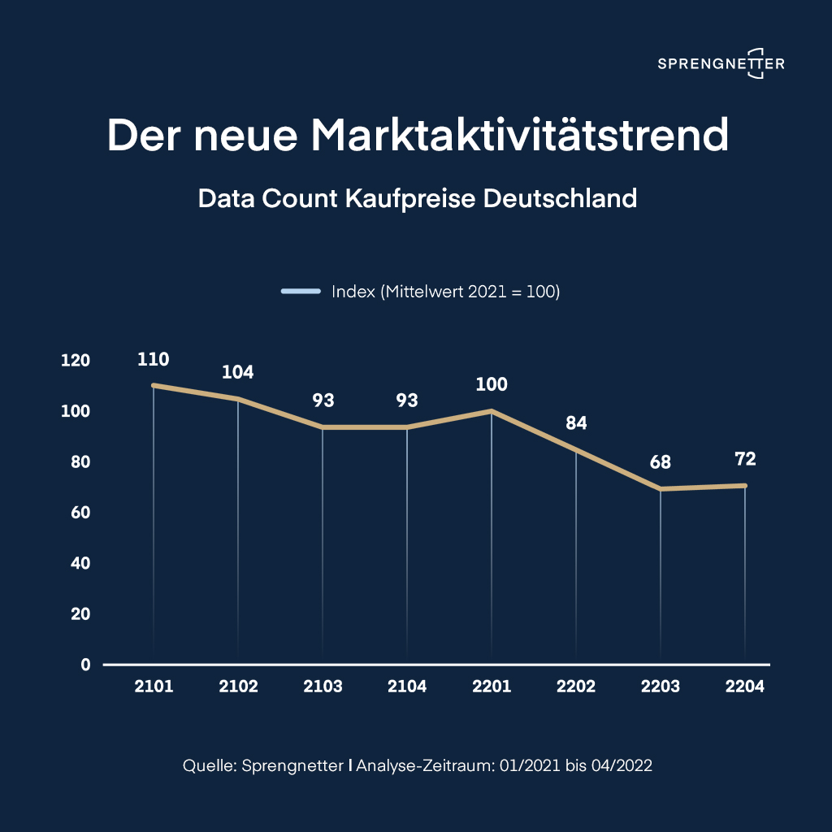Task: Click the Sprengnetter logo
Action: pyautogui.click(x=721, y=63)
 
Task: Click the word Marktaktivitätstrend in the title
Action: pyautogui.click(x=520, y=135)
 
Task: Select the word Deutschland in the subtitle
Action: pyautogui.click(x=561, y=198)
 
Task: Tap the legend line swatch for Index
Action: pyautogui.click(x=301, y=292)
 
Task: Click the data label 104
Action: pyautogui.click(x=238, y=373)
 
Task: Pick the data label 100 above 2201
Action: pyautogui.click(x=492, y=384)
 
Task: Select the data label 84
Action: pyautogui.click(x=576, y=423)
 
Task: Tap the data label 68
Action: pyautogui.click(x=661, y=462)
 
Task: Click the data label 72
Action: pyautogui.click(x=745, y=459)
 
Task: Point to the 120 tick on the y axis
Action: pyautogui.click(x=76, y=361)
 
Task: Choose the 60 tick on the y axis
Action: pyautogui.click(x=79, y=513)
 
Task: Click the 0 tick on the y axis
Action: pyautogui.click(x=85, y=665)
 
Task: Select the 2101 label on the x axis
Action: pyautogui.click(x=154, y=687)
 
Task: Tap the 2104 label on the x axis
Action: pyautogui.click(x=407, y=687)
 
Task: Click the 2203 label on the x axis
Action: pyautogui.click(x=661, y=687)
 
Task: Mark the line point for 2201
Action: pyautogui.click(x=492, y=411)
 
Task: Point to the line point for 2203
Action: pyautogui.click(x=661, y=488)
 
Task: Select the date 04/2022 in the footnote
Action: pyautogui.click(x=622, y=765)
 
